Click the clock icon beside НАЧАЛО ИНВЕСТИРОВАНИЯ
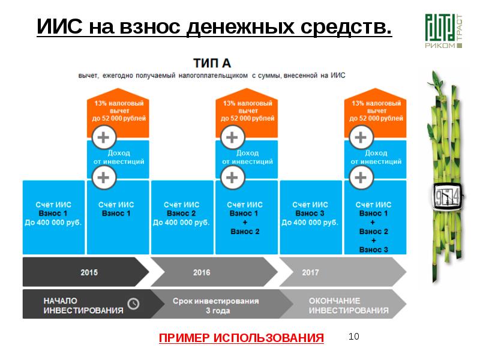click(x=134, y=304)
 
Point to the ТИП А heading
click(x=212, y=63)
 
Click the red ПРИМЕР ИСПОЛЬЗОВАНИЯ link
click(x=241, y=338)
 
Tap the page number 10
click(x=354, y=337)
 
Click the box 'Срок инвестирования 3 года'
click(x=215, y=305)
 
